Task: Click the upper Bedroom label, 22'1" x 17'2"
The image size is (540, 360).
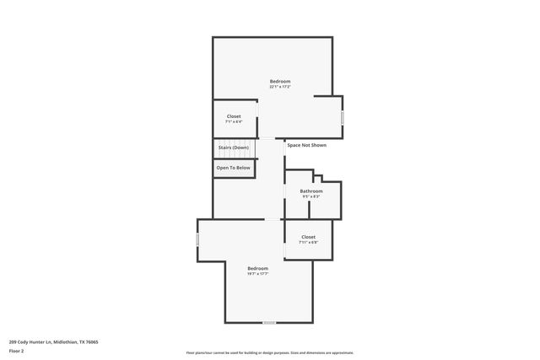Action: [280, 81]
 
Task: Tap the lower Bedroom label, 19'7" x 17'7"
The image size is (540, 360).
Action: [257, 268]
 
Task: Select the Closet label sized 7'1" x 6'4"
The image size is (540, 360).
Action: [234, 116]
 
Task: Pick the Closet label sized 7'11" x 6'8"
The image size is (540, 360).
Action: [308, 237]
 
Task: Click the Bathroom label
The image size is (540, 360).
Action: [311, 191]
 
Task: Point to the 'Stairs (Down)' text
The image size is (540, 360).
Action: [234, 148]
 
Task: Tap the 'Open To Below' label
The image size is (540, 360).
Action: [233, 168]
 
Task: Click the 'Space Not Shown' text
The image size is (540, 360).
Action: [306, 145]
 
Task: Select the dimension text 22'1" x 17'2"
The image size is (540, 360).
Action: [280, 87]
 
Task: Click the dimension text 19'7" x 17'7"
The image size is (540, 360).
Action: [257, 274]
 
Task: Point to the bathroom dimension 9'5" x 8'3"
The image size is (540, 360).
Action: [311, 197]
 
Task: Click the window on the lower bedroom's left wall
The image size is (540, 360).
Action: [198, 240]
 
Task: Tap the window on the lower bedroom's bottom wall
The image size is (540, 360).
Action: [269, 323]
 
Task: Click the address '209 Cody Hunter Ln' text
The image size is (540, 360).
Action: [31, 341]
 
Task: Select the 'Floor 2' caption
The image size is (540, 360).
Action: [17, 352]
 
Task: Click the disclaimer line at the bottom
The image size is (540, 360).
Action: [269, 352]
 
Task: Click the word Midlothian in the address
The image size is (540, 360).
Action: [67, 341]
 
